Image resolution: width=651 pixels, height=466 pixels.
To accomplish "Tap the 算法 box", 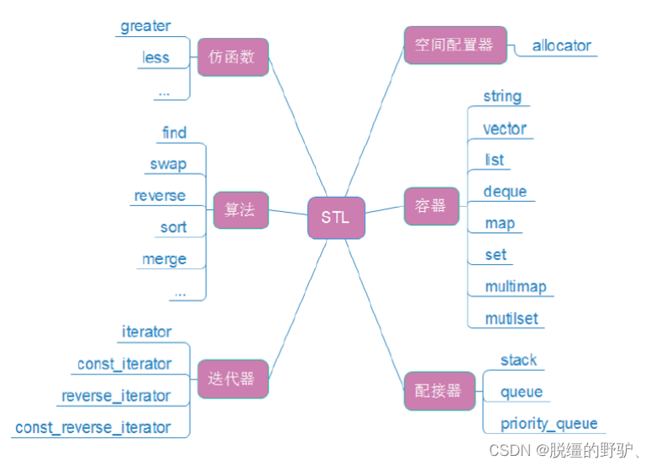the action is click(240, 209).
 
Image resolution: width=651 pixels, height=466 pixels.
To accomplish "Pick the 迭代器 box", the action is click(231, 379).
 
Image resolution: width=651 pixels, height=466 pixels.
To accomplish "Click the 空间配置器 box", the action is click(449, 45).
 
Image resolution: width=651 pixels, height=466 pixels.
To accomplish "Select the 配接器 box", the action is click(432, 390).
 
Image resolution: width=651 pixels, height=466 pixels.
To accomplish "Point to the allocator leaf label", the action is click(561, 45).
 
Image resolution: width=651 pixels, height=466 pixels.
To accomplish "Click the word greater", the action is click(145, 26).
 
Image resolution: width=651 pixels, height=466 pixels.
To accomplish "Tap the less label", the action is click(155, 58).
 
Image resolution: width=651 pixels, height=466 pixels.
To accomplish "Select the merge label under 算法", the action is click(164, 259).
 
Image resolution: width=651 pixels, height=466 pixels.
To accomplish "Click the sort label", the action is click(173, 228).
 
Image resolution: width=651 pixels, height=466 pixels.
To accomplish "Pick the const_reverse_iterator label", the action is click(92, 427).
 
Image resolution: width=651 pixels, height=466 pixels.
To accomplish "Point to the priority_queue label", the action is click(549, 424).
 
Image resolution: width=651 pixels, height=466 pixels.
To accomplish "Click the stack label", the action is click(518, 360).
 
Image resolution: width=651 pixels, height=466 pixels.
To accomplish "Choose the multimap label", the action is click(515, 287).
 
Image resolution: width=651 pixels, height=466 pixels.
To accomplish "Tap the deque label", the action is click(505, 192).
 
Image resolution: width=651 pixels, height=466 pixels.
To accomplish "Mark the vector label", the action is click(504, 129).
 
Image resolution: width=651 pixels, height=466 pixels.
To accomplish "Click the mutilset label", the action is click(512, 319).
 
